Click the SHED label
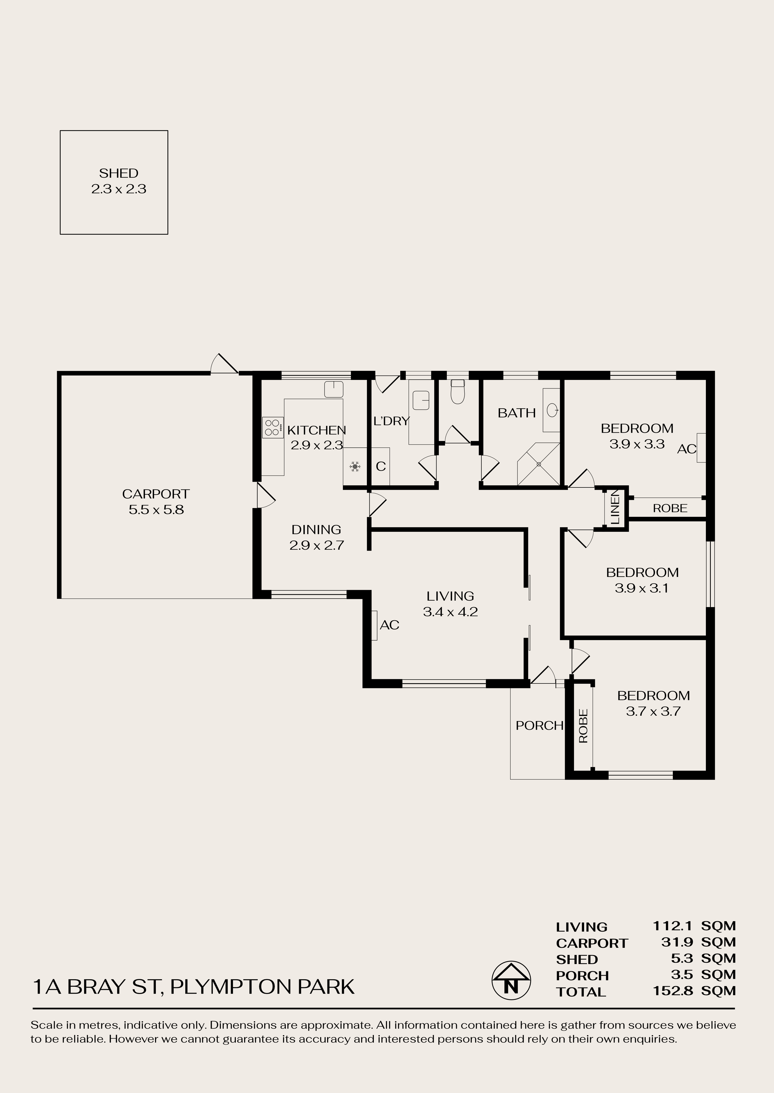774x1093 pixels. point(119,173)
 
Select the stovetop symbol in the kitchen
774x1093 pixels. point(272,427)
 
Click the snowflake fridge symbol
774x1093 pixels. point(354,467)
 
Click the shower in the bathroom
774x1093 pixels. point(538,464)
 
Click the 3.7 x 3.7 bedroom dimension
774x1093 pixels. point(653,711)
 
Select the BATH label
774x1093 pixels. point(517,413)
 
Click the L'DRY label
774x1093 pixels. point(392,421)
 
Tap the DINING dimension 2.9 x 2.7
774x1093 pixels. point(317,545)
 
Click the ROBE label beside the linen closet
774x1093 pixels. point(670,508)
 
